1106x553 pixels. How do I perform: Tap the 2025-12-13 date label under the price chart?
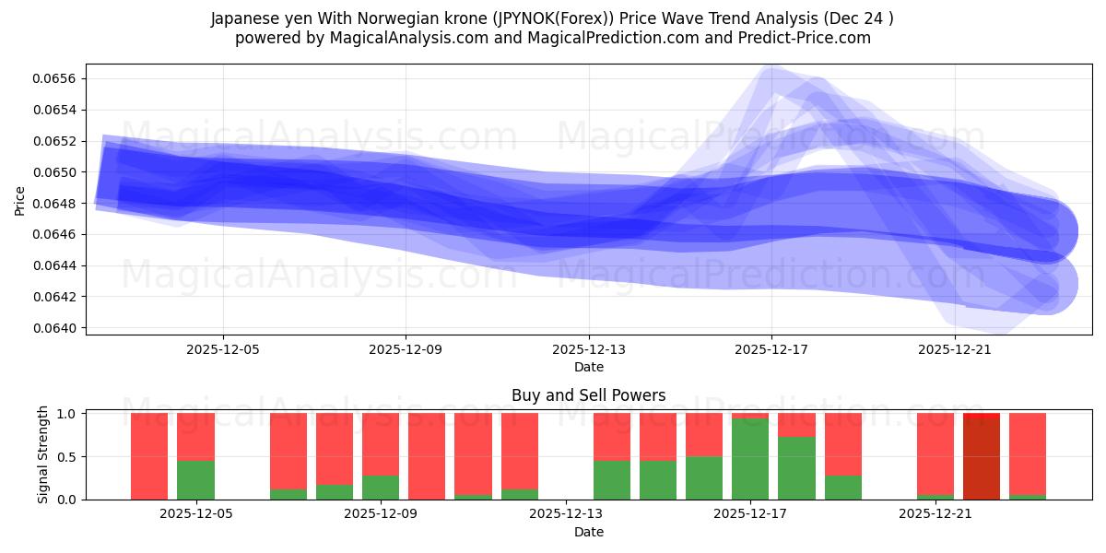coord(588,350)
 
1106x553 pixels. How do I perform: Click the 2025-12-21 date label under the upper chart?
coord(955,350)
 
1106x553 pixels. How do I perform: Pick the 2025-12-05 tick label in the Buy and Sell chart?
coord(195,514)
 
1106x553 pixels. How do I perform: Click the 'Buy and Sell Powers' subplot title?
coord(588,395)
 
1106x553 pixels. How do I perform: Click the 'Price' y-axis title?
coord(20,199)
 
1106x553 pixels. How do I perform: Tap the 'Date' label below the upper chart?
coord(588,367)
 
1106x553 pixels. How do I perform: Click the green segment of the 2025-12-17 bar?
coord(750,459)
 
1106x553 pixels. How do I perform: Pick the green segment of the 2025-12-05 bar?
coord(195,480)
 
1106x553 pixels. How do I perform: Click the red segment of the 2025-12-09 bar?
coord(380,442)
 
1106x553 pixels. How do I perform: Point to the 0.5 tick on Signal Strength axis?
coord(69,456)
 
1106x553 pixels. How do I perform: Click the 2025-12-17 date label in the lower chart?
coord(750,514)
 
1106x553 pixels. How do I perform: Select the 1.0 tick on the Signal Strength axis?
coord(69,414)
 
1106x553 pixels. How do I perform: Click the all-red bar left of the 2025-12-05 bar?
coord(149,456)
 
